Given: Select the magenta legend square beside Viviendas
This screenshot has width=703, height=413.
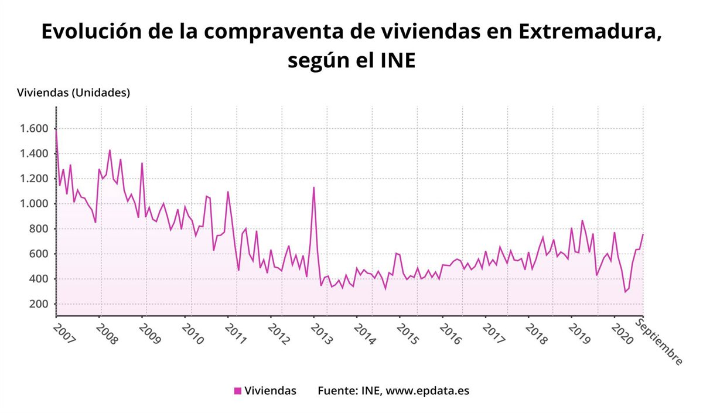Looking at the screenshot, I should [237, 391].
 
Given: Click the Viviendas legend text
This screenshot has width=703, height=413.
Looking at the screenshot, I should [270, 391].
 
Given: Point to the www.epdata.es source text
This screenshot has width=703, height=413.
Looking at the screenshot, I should [427, 391].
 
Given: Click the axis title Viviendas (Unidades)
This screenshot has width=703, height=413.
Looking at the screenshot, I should [74, 93].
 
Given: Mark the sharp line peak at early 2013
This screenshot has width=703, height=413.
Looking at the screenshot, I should [314, 187].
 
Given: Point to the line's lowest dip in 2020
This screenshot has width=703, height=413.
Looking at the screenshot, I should [625, 292].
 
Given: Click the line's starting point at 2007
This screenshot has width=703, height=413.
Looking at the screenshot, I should [56, 129].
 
